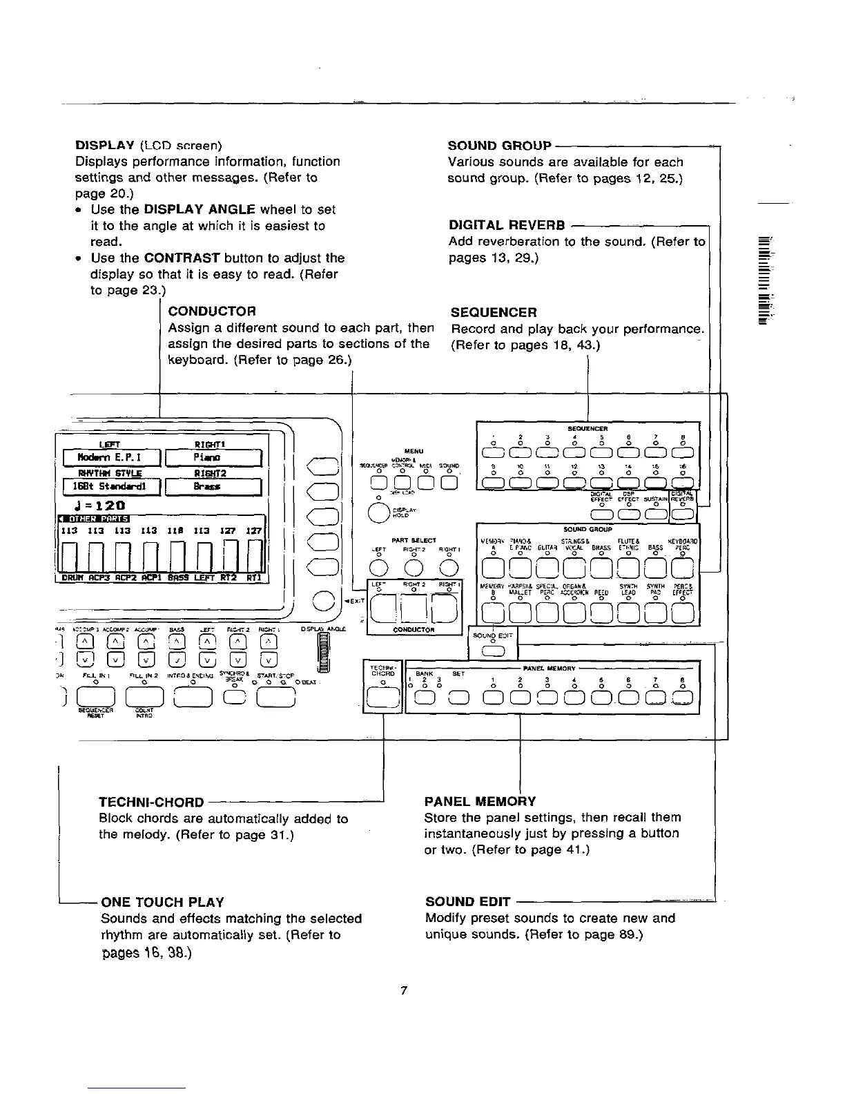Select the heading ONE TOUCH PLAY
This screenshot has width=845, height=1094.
[162, 902]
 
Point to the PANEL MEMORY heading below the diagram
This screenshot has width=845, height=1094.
[480, 801]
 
